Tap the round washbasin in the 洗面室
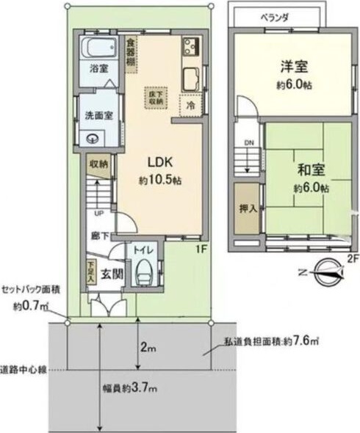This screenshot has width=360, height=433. tap(93, 139)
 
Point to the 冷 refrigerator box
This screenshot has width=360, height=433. tap(190, 105)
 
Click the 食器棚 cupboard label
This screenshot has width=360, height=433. tap(130, 53)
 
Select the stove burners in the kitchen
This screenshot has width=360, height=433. tap(190, 48)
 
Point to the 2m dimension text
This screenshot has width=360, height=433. tap(148, 345)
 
